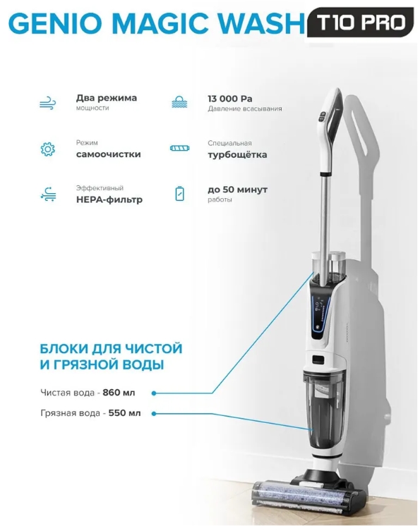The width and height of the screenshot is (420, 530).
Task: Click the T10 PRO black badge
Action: pos(360,22)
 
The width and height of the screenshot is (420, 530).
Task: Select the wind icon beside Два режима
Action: pos(48,103)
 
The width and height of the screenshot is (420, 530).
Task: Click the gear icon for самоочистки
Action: pos(47,149)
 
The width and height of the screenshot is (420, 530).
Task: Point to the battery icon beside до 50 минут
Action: pos(180,194)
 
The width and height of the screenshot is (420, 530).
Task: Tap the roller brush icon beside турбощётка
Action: pos(180,148)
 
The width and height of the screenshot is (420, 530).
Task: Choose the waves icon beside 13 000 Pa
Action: pos(179,102)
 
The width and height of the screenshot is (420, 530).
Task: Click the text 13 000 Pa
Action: pos(230,99)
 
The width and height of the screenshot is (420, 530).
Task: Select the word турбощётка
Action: pos(237,155)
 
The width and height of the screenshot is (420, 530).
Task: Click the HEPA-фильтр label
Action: pos(109,199)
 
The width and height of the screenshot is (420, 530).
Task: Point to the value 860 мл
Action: pos(119,393)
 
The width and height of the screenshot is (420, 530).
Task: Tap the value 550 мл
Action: pos(124,413)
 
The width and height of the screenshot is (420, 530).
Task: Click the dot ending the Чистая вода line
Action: pos(154,393)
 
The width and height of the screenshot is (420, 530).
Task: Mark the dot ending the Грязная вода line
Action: pos(154,414)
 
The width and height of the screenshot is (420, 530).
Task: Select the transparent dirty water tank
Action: pos(324,411)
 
